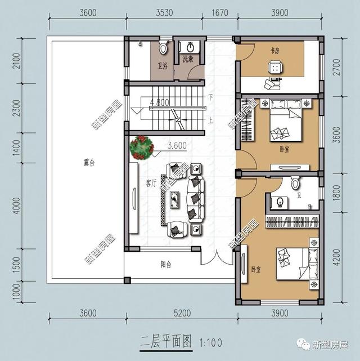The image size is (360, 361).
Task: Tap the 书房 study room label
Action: (x=275, y=50)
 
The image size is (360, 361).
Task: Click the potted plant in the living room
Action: (x=141, y=147)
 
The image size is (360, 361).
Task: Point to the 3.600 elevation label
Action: (x=177, y=145)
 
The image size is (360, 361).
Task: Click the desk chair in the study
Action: (x=276, y=68)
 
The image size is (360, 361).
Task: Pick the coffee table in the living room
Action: (x=175, y=197)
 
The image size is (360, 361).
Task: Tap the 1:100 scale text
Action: (x=208, y=341)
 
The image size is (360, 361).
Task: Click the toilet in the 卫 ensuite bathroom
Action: (x=295, y=184)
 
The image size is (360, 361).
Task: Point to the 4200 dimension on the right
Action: (x=336, y=258)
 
